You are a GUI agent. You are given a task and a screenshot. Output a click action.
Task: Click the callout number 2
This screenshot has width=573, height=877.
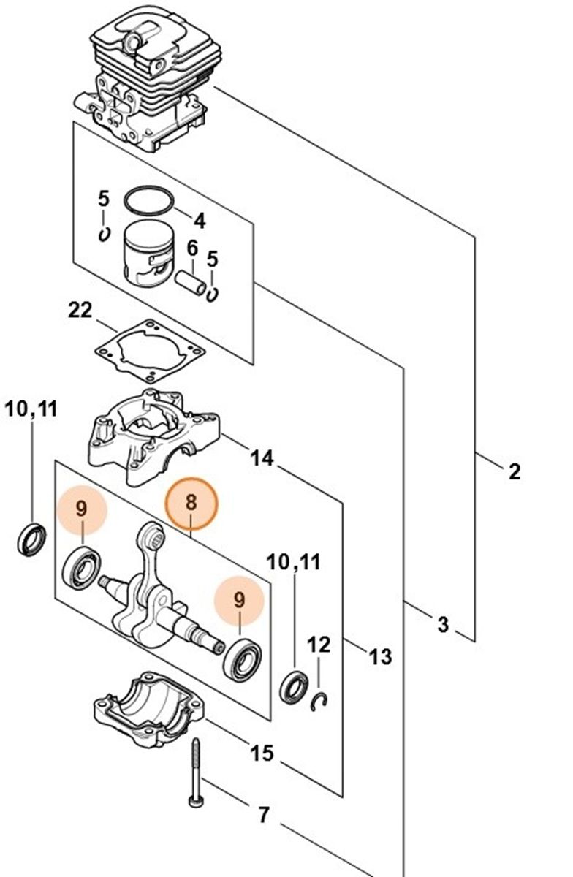coord(514,472)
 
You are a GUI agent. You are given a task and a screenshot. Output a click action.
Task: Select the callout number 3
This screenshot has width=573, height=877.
coord(443,624)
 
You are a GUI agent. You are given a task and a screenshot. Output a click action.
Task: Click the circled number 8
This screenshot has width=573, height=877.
coord(191,503)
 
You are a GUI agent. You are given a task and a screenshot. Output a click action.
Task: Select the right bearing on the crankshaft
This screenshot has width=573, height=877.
coord(238,658)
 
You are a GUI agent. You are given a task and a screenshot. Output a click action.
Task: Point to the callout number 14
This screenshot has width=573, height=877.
coord(262,458)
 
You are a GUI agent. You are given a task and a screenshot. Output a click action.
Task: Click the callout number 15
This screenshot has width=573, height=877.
coord(261,752)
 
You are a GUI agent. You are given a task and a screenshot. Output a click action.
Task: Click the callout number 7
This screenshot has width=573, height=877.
coord(263,813)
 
